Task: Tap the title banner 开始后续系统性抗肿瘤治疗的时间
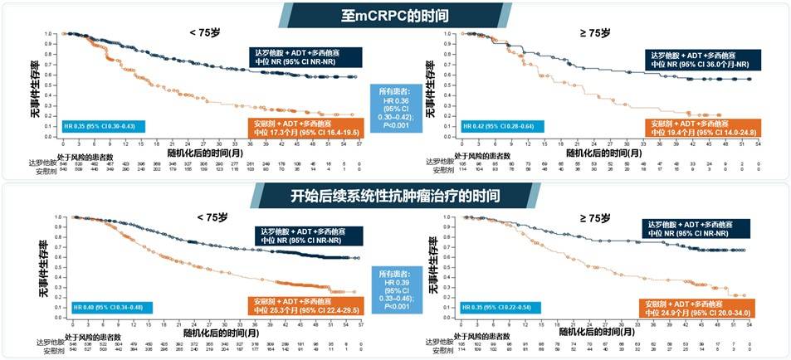(395, 196)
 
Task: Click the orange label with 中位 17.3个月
(308, 128)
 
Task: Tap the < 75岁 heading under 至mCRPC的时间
(204, 32)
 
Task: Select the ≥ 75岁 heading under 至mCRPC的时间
(594, 32)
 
